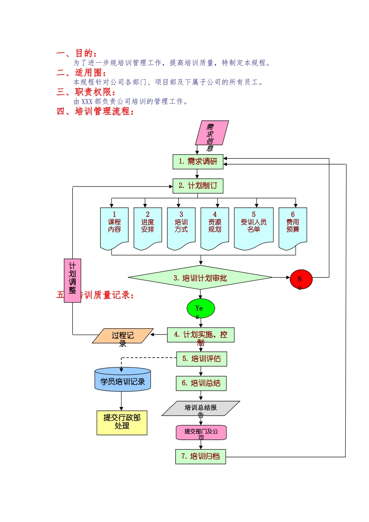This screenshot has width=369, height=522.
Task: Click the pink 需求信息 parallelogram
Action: point(212,133)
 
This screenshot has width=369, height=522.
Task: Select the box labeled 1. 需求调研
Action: point(198,162)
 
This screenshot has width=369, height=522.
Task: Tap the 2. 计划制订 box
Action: point(198,186)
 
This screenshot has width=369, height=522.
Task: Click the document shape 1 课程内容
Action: point(114,227)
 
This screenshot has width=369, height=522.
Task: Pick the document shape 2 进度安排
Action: point(148,227)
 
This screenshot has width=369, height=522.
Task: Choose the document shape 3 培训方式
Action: point(181,227)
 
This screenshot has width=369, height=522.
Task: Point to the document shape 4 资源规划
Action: point(214,227)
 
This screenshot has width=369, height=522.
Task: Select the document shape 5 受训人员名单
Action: point(254,227)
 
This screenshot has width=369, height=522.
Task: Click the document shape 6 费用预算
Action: point(293,227)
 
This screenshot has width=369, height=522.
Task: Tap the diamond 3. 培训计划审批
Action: point(200,278)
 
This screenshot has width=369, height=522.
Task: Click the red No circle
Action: point(301,279)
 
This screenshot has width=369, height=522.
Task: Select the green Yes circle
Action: point(200,309)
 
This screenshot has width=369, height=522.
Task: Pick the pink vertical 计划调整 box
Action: point(72,280)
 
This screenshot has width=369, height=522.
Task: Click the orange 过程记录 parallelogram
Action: point(123,336)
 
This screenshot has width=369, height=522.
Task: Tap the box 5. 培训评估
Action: point(201,359)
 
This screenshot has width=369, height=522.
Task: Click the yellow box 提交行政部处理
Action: point(122,423)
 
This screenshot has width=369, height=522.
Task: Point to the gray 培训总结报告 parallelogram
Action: point(200,408)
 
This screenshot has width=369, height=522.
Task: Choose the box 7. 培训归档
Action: point(200,456)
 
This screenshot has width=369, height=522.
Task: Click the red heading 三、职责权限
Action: point(86,92)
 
